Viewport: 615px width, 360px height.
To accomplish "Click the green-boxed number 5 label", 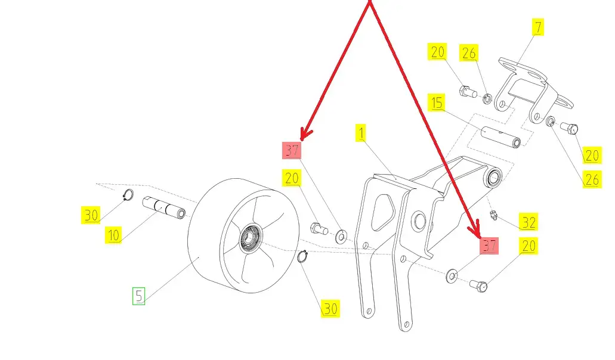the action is click(138, 296).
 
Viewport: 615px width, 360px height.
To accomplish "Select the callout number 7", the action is click(537, 27).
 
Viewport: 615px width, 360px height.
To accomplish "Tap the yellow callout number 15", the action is click(437, 103).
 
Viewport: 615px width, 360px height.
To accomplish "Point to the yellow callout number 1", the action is click(361, 133).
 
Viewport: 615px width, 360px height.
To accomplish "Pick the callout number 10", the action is click(113, 235).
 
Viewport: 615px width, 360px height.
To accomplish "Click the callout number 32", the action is click(529, 222).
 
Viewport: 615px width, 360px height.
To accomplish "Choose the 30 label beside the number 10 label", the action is click(91, 215).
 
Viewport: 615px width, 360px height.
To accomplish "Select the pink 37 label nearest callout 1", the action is click(292, 150).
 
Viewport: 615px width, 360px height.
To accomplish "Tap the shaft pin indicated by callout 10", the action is click(163, 207).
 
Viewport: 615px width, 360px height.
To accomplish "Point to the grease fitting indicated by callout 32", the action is click(493, 215).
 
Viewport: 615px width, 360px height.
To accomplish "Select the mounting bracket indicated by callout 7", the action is click(533, 91).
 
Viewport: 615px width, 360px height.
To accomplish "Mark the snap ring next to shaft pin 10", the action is click(128, 195).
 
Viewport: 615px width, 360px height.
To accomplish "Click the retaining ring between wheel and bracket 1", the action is click(302, 256).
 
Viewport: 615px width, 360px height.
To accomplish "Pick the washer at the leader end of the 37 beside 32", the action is click(452, 275).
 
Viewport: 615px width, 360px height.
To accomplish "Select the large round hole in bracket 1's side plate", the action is click(419, 221).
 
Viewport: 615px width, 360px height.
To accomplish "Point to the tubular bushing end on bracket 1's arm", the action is click(494, 178).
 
